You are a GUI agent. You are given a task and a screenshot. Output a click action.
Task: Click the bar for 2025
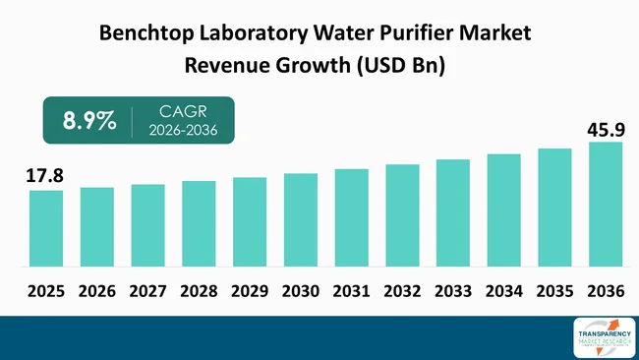pyautogui.click(x=46, y=228)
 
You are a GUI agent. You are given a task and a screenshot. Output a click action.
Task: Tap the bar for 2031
pyautogui.click(x=351, y=217)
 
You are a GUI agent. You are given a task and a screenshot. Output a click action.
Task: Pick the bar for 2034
pyautogui.click(x=503, y=210)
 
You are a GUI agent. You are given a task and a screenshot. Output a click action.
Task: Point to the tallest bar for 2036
pyautogui.click(x=606, y=204)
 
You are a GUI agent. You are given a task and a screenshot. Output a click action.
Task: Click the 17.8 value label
pyautogui.click(x=45, y=176)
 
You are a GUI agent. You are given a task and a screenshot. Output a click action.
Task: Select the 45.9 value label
pyautogui.click(x=605, y=128)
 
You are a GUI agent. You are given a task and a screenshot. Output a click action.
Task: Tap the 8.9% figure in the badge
pyautogui.click(x=89, y=122)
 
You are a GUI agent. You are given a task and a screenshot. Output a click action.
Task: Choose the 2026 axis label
pyautogui.click(x=97, y=292)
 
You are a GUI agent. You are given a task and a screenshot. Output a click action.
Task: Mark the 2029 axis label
pyautogui.click(x=250, y=292)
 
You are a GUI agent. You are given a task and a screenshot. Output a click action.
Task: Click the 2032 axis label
pyautogui.click(x=402, y=292)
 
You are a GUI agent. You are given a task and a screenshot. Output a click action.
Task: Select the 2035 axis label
pyautogui.click(x=554, y=292)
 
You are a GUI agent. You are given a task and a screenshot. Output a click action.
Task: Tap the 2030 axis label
pyautogui.click(x=301, y=292)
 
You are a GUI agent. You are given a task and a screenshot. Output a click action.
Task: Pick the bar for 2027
pyautogui.click(x=147, y=225)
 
